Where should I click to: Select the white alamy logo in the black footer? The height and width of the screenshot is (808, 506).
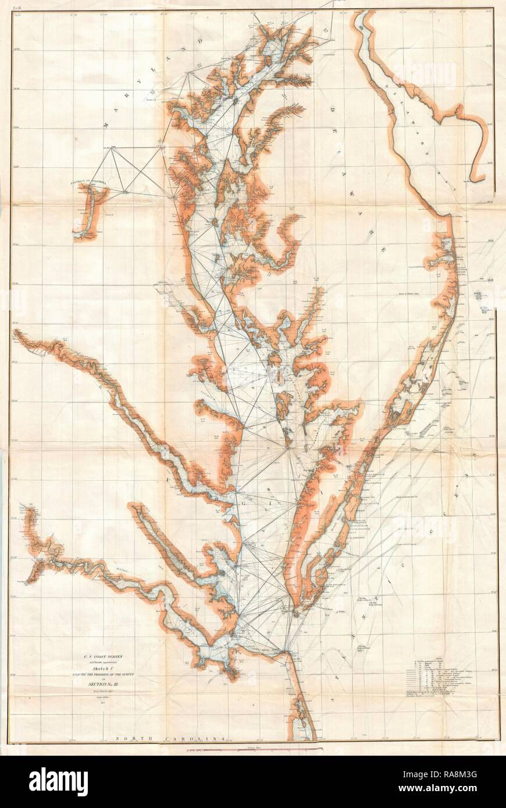(58, 781)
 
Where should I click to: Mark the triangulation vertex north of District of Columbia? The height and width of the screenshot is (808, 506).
(112, 149)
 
